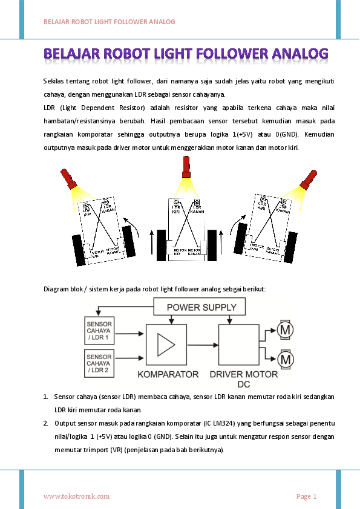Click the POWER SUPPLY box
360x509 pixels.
pos(201,307)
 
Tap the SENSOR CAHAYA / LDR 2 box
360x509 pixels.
pos(99,363)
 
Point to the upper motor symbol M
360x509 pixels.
pos(285,329)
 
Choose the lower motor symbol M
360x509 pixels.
pos(285,360)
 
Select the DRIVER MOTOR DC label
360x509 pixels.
pos(244,378)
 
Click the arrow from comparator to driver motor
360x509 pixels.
pos(203,345)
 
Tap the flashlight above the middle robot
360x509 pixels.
pos(186,166)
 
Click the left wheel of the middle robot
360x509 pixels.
pos(161,245)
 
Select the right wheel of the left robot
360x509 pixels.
pos(129,241)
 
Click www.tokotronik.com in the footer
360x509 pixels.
pos(76,496)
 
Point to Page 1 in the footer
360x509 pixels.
pos(306,496)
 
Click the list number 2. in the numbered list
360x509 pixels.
pos(46,423)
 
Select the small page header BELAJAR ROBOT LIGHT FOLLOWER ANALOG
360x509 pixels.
pos(109,22)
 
